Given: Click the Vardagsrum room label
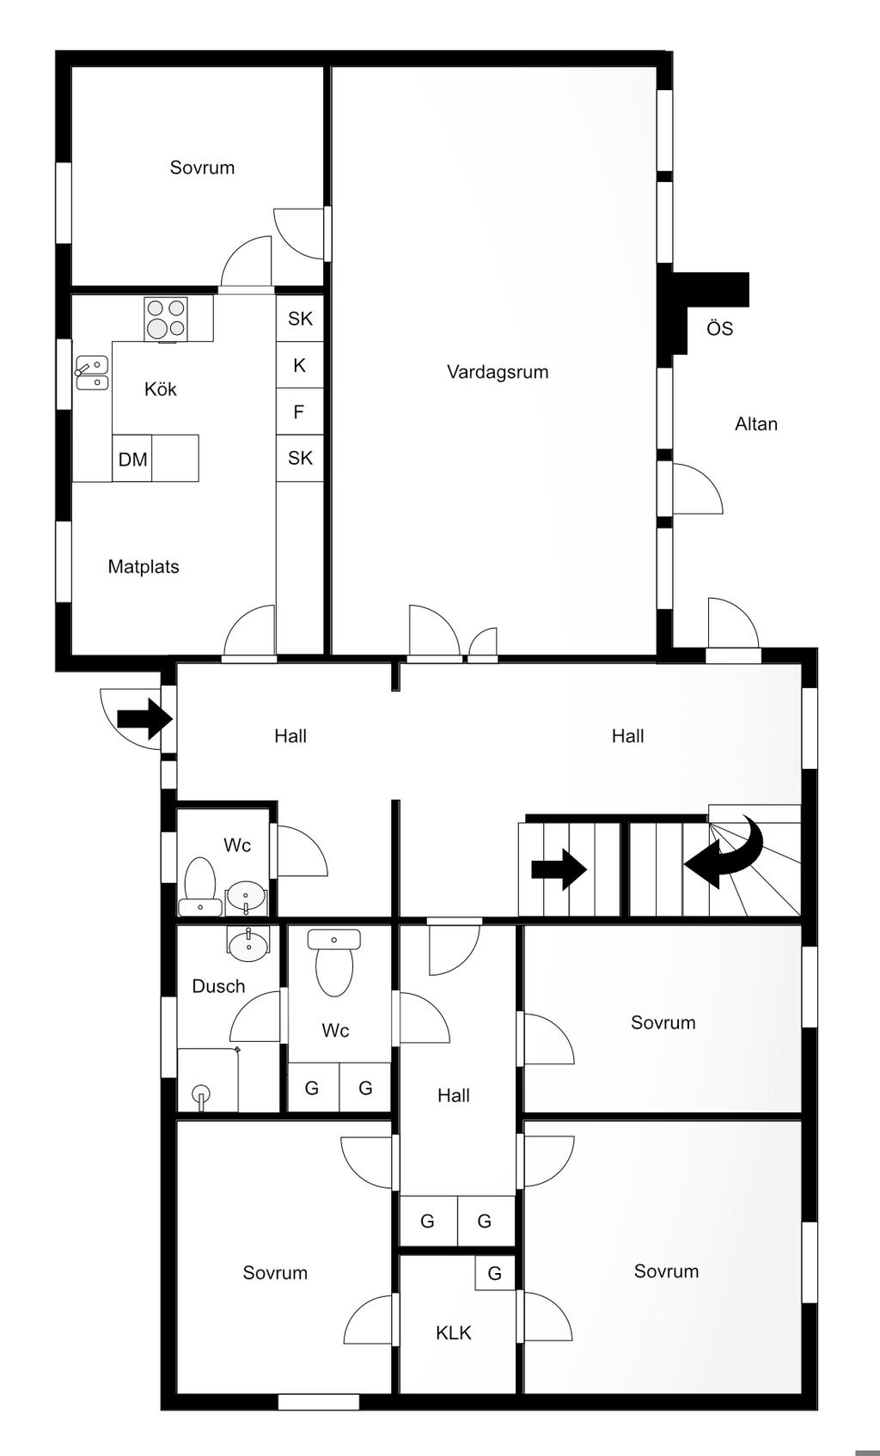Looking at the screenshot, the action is (x=498, y=372).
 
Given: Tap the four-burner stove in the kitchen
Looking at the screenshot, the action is (x=166, y=319).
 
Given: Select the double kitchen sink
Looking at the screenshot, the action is (x=92, y=373).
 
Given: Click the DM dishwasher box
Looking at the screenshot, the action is (x=132, y=458).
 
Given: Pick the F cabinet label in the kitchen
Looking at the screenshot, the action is (x=299, y=411).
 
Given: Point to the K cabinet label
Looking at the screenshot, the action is (x=299, y=365).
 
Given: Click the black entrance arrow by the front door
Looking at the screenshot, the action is (x=144, y=719).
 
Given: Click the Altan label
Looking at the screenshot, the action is (x=756, y=423).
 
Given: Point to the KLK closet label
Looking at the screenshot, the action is (x=454, y=1333).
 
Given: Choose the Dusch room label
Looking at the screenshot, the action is (x=218, y=986).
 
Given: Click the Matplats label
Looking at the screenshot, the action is (x=144, y=566).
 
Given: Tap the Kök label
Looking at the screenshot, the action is (x=161, y=389).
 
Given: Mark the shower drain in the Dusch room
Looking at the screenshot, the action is (x=201, y=1094).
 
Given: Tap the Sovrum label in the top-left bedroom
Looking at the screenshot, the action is (x=202, y=167).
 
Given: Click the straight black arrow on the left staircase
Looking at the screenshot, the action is (x=559, y=869).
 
